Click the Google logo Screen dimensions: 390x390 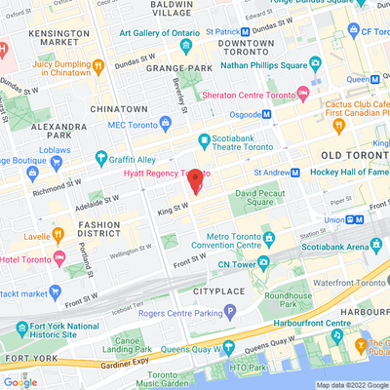click(x=19, y=382)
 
